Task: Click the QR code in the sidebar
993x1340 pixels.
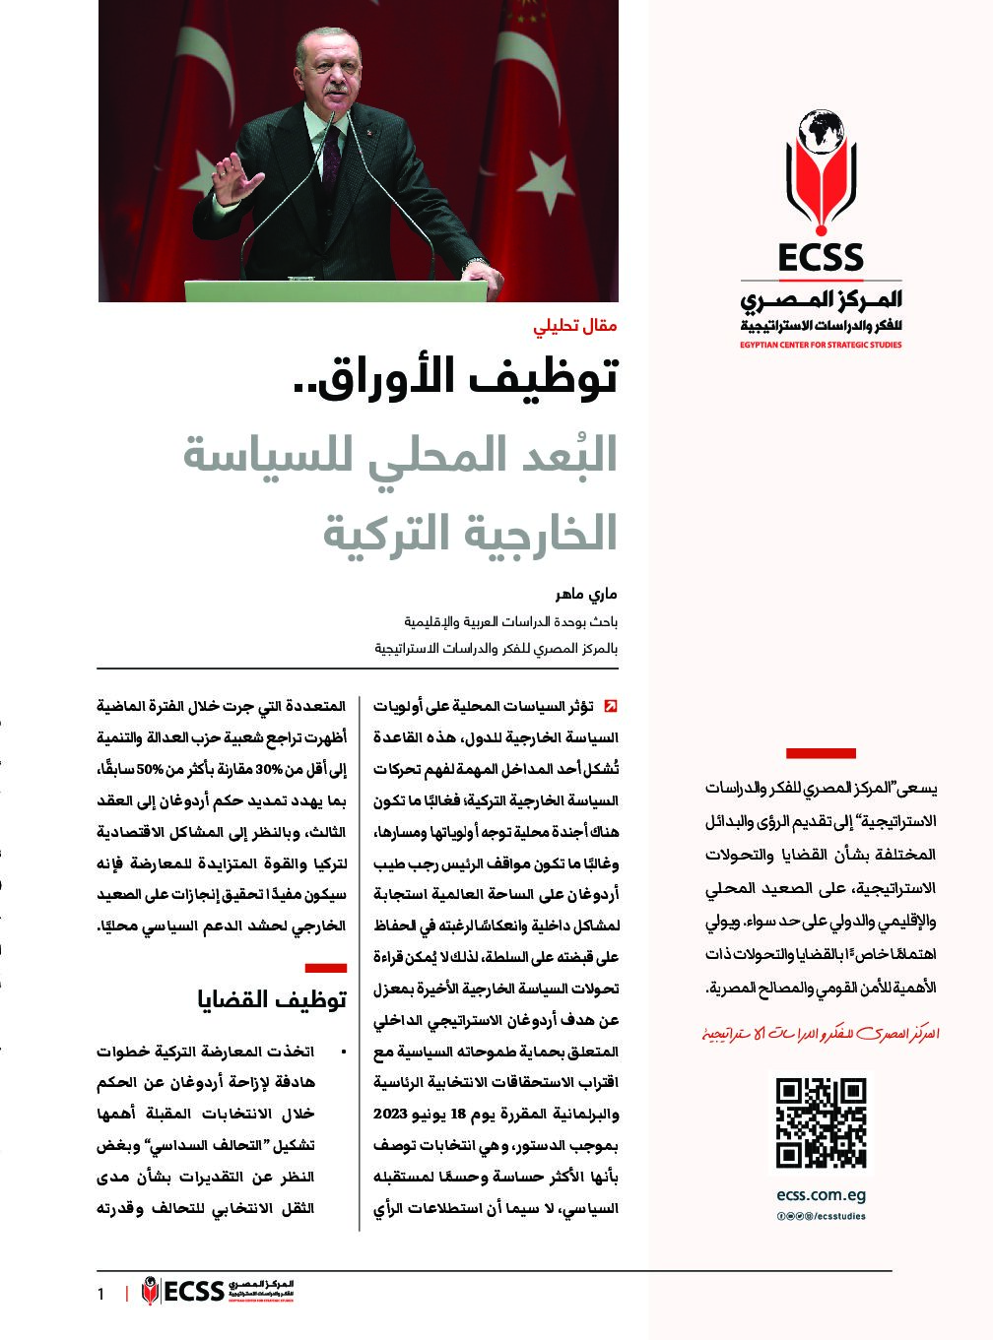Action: tap(821, 1123)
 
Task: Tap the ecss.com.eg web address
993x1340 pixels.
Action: tap(821, 1197)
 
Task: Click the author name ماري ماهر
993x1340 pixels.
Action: tap(588, 597)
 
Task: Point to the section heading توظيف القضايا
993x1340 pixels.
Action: tap(272, 999)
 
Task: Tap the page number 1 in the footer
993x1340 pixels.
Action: tap(100, 1294)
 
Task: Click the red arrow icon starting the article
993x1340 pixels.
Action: tap(611, 706)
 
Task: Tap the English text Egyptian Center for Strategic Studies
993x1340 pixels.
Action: tap(821, 346)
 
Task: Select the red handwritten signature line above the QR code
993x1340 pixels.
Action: tap(821, 1034)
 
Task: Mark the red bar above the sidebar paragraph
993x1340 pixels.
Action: tap(821, 753)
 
